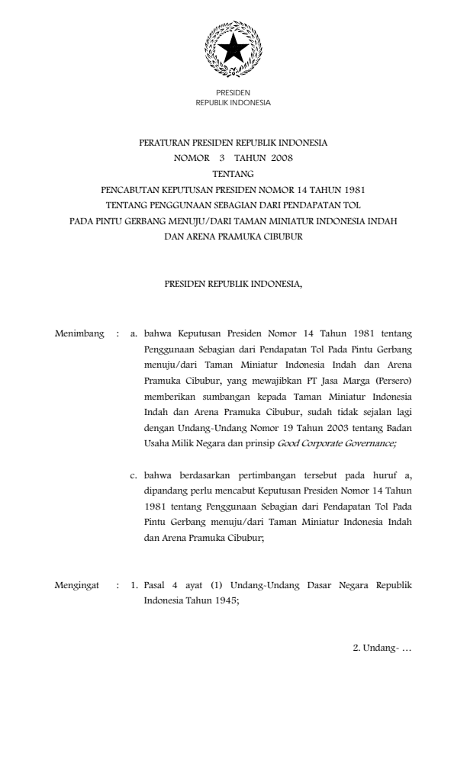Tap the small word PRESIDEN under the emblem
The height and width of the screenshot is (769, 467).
[233, 92]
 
